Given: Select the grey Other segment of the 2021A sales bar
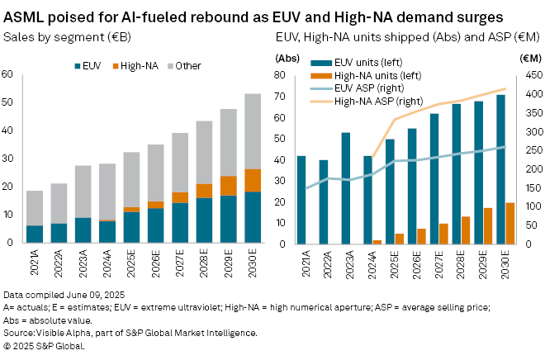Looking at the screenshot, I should click(x=35, y=208).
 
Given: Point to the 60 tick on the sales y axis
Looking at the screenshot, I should click(x=8, y=74).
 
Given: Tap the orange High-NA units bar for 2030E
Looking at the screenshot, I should click(x=510, y=223).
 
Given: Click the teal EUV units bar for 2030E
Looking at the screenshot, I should click(x=500, y=169).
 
